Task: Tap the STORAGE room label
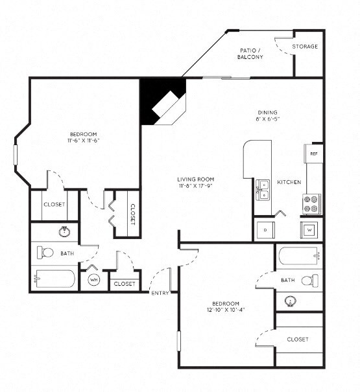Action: [304, 47]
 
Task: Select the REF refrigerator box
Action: [313, 154]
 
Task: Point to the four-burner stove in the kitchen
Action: [312, 204]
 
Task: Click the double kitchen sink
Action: [263, 189]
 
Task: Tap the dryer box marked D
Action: [265, 229]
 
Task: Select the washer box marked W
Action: [309, 229]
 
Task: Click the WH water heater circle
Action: [93, 279]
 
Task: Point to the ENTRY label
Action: [160, 293]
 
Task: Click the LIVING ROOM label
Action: [195, 179]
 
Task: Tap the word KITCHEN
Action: [289, 183]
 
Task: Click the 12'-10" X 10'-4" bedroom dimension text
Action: [226, 310]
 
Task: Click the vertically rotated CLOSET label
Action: [132, 213]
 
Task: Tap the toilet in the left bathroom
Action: [46, 252]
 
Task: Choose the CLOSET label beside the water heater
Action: [124, 284]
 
